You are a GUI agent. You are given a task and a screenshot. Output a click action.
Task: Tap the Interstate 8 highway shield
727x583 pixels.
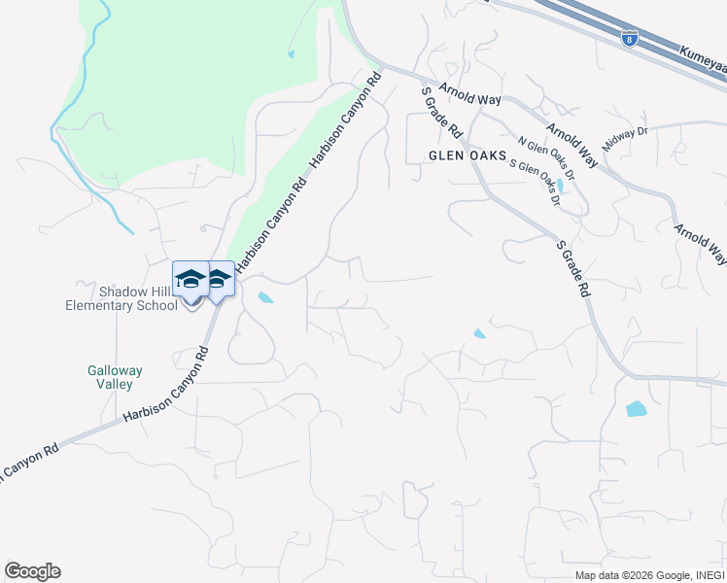630,39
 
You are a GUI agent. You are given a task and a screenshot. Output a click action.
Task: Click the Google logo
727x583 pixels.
32,571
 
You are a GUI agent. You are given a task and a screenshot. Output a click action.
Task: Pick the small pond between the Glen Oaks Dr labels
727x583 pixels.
562,185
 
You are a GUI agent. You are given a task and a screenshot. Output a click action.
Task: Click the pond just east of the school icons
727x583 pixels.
264,297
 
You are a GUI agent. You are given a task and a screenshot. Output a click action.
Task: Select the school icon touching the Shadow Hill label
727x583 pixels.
190,281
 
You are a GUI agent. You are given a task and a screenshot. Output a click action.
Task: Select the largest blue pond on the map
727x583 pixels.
637,409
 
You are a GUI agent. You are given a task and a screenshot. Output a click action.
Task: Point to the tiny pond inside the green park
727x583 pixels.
291,54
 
